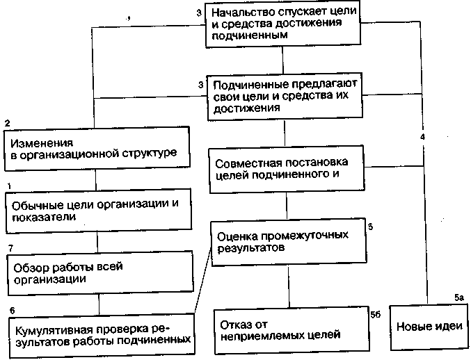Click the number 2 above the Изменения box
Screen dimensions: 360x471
click(x=7, y=123)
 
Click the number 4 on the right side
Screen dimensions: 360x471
click(x=422, y=136)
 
